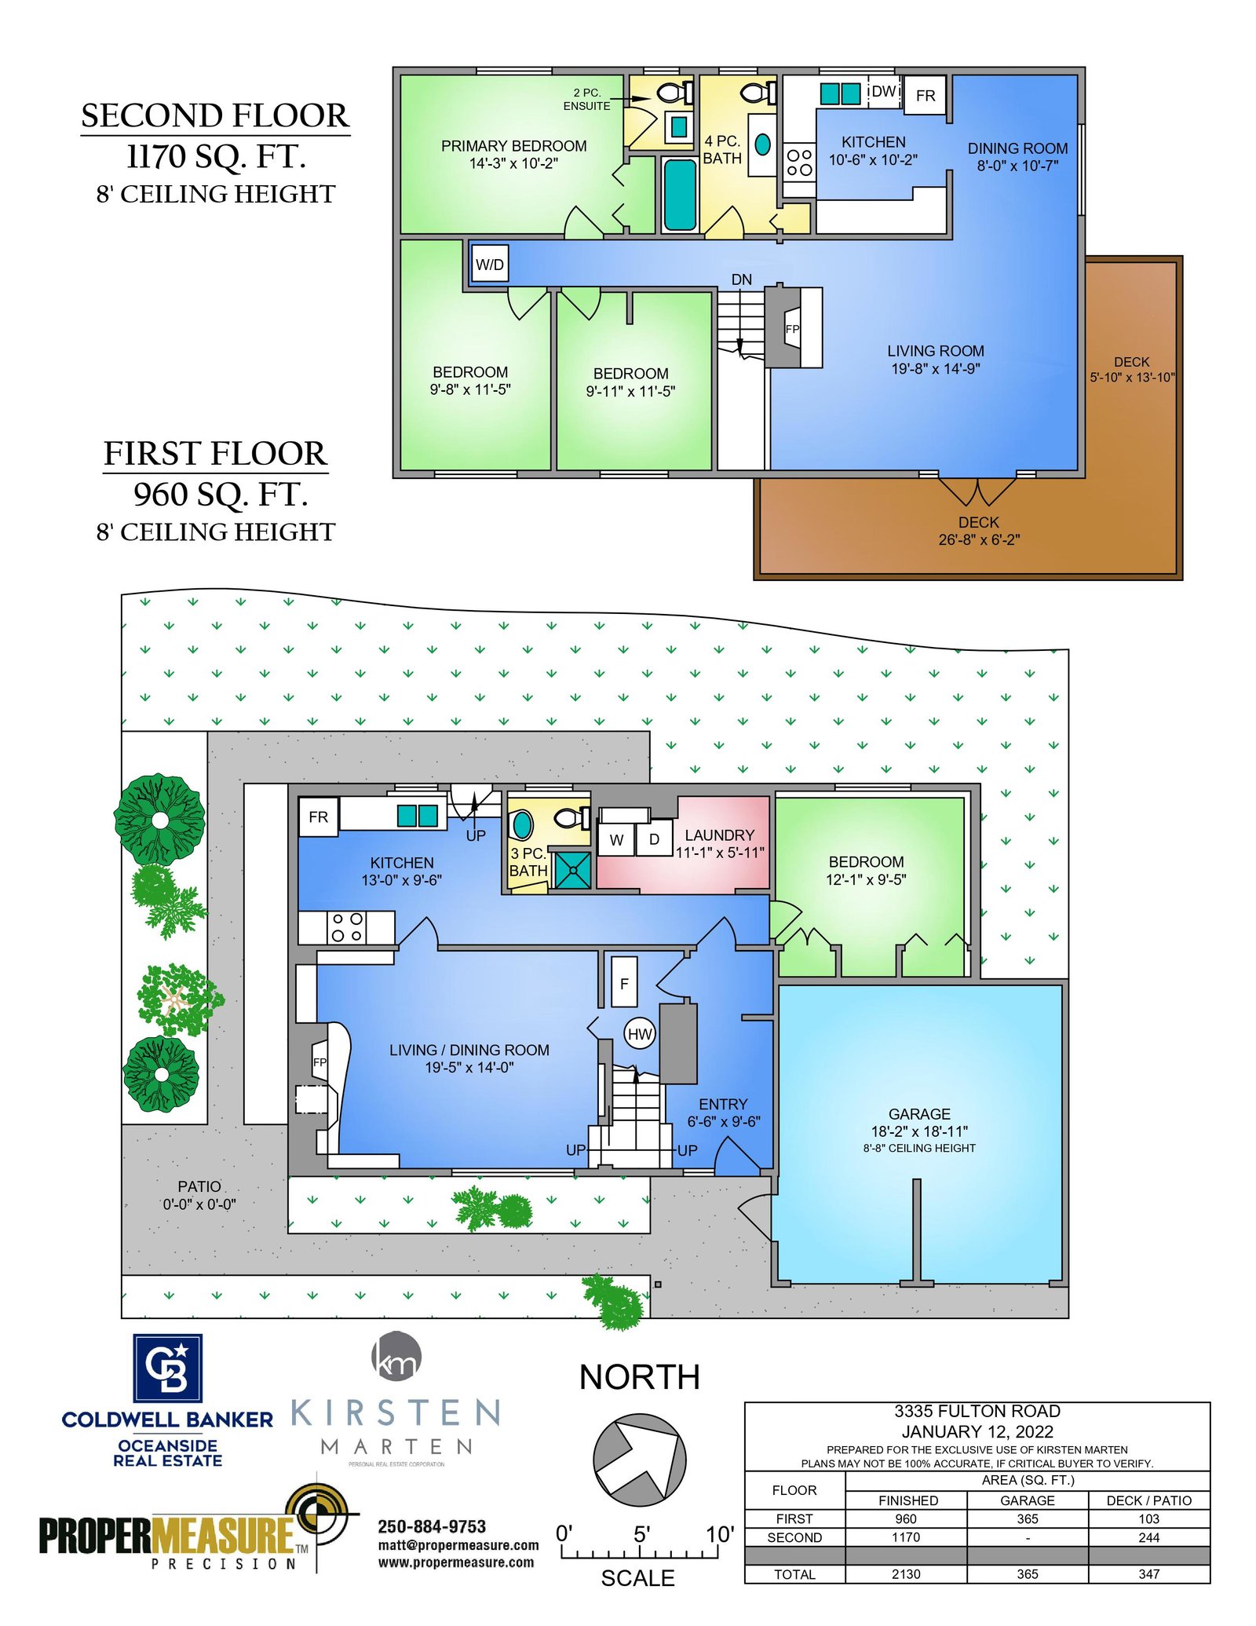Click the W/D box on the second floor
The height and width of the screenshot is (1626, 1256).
tap(490, 264)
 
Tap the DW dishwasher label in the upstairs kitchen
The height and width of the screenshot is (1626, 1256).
tap(884, 91)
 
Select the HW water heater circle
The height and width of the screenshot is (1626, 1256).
tap(640, 1034)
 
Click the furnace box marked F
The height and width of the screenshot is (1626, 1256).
tap(624, 983)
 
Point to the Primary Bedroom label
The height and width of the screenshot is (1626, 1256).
tap(513, 146)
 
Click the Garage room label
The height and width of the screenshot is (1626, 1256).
tap(919, 1114)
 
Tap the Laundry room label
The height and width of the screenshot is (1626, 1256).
tap(720, 835)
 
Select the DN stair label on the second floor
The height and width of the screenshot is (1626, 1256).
tap(742, 280)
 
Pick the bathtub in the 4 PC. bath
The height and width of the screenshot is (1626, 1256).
tap(680, 194)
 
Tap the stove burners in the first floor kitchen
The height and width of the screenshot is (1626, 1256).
tap(347, 927)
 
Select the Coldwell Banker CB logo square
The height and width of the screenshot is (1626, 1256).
tap(167, 1368)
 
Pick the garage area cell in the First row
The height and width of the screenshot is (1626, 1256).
tap(1028, 1519)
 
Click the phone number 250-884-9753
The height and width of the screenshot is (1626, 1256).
tap(432, 1526)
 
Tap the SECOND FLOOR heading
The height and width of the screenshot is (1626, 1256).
tap(215, 115)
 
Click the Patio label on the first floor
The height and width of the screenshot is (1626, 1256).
tap(199, 1186)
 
